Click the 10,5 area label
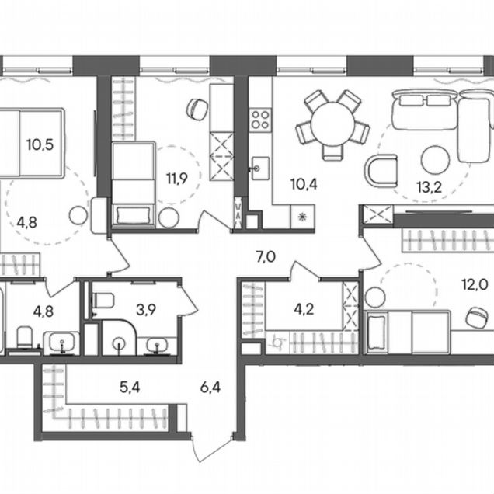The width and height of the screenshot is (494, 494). (40, 145)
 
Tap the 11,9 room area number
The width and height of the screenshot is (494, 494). (177, 179)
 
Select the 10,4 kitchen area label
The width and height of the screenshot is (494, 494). (304, 184)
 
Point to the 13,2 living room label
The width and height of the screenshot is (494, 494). (429, 187)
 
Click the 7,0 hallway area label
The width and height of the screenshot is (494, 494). (266, 257)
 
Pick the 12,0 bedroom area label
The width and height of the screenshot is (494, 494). (475, 285)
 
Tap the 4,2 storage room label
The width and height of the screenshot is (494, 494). (304, 309)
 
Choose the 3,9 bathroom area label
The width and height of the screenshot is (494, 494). (146, 310)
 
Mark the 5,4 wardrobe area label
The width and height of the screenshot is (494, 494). (130, 387)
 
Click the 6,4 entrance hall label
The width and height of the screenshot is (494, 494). (210, 387)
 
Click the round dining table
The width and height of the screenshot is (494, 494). (332, 124)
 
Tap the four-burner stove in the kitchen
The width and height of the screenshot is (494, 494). (260, 120)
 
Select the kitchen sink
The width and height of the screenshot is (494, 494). (260, 169)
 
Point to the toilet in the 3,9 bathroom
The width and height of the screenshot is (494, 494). (103, 301)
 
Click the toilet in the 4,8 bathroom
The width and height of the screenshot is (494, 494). (24, 337)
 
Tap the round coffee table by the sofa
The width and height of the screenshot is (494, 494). (436, 160)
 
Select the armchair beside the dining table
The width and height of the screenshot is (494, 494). (381, 170)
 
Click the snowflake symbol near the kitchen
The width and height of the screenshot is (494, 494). (302, 217)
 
